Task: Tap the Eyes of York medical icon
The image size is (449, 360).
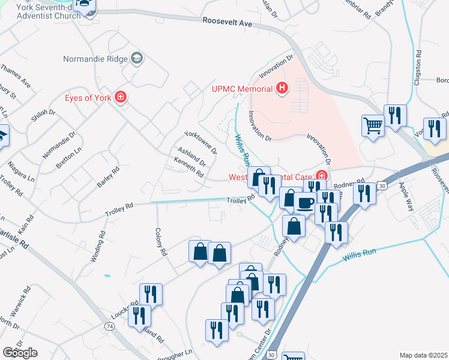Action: (121, 97)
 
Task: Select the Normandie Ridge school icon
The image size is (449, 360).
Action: (137, 59)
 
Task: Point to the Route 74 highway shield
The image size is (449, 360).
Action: (109, 326)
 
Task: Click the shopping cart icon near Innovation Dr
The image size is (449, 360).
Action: (373, 126)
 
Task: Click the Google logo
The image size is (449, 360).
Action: (20, 352)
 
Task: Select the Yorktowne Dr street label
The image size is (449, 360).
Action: (199, 142)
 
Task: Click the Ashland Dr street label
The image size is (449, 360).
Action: (191, 157)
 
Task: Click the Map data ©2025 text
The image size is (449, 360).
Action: (423, 355)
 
